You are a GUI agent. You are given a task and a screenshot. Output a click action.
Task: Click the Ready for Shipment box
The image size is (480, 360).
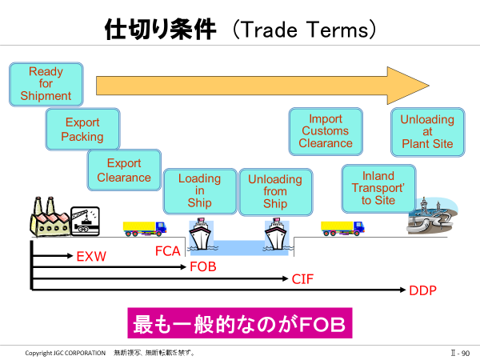(x=46, y=84)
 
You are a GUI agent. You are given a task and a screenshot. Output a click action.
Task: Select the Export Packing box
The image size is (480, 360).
(x=82, y=129)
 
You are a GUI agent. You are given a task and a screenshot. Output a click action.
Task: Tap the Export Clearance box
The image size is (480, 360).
(x=124, y=170)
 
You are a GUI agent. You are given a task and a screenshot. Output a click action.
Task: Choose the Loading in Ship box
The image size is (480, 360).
(x=200, y=191)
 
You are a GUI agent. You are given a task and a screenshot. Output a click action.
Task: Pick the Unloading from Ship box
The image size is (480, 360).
(x=276, y=192)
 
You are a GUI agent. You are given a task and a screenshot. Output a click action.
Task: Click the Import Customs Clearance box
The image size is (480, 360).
(x=326, y=131)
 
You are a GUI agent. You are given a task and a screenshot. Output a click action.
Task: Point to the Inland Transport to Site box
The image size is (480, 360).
(x=378, y=189)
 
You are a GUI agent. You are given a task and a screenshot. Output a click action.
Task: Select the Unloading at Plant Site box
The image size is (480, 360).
(x=428, y=132)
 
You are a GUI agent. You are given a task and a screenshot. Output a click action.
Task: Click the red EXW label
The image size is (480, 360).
(x=91, y=257)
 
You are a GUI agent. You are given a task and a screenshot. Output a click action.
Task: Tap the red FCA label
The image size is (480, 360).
(x=168, y=251)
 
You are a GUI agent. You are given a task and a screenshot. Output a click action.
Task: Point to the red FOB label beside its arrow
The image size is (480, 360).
(x=203, y=266)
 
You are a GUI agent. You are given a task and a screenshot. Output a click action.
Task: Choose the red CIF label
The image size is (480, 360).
(x=302, y=279)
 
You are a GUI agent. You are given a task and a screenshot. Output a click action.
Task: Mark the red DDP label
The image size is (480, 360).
(x=422, y=290)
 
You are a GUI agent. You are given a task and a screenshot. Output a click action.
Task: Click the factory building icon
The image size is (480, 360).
(x=50, y=217)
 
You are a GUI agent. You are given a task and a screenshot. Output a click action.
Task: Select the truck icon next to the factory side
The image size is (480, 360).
(x=145, y=229)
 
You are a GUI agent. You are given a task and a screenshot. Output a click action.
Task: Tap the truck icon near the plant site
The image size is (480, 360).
(x=342, y=228)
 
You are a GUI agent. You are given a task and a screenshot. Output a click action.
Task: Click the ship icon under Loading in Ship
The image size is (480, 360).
(x=201, y=234)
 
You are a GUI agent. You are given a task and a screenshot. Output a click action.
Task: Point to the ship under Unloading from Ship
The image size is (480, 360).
(x=277, y=234)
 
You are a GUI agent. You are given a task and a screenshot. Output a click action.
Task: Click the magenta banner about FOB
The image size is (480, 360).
(x=240, y=323)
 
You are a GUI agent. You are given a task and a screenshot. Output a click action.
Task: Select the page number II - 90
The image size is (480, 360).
(x=460, y=353)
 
